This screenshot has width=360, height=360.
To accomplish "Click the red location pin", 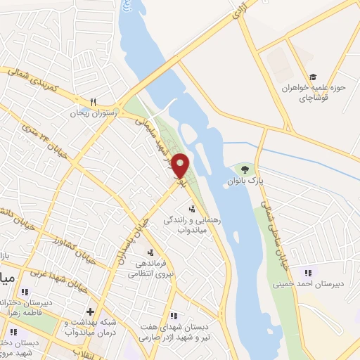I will tap(181, 166).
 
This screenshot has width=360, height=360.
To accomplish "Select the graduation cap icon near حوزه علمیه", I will tap(313, 77).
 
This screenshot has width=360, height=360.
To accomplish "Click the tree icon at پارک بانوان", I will tap(245, 169).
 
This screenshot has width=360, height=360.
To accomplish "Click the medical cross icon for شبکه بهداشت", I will tap(89, 311).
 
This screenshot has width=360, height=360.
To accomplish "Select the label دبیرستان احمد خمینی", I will tap(309, 285).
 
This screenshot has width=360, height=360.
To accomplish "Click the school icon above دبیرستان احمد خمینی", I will tap(307, 273).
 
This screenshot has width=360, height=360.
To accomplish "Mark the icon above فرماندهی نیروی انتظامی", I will tap(150, 252).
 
